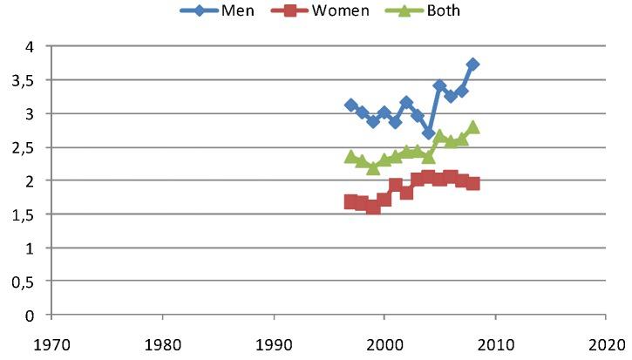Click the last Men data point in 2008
click(x=472, y=65)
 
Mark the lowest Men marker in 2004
click(x=428, y=133)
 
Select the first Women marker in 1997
click(x=350, y=201)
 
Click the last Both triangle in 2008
click(x=472, y=127)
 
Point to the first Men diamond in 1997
click(x=350, y=105)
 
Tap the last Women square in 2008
click(x=472, y=184)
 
